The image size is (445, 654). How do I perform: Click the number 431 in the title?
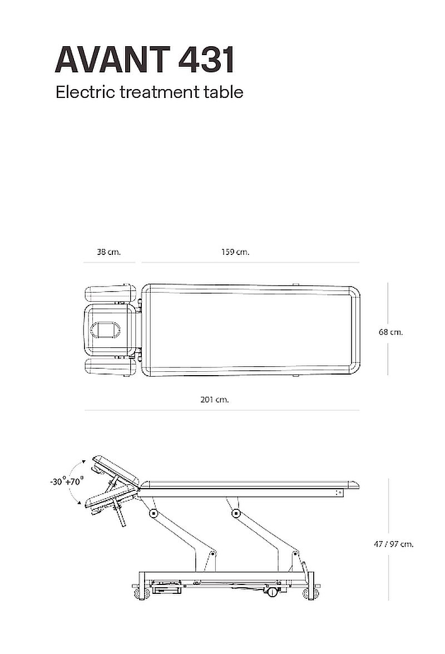click(x=206, y=60)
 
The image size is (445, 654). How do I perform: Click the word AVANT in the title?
click(x=112, y=60)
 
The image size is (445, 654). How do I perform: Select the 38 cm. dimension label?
click(x=109, y=252)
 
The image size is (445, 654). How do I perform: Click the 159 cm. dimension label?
click(x=235, y=252)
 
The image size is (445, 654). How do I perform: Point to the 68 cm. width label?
click(x=391, y=332)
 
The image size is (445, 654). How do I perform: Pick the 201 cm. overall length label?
click(x=215, y=400)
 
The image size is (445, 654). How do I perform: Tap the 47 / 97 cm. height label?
click(x=394, y=544)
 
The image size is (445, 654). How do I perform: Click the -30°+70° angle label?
click(x=67, y=481)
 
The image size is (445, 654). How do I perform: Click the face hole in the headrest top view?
click(x=106, y=330)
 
